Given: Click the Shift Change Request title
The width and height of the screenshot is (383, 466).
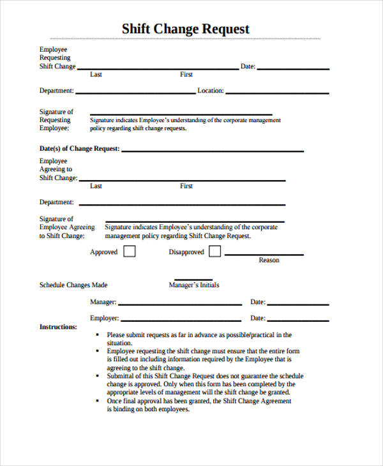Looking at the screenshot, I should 185,29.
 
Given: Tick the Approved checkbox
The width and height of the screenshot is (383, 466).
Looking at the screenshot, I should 129,252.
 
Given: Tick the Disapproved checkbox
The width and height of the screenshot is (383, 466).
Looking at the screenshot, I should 215,252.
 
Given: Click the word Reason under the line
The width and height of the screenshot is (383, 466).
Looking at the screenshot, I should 269,260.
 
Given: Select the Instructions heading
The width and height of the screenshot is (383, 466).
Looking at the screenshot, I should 58,327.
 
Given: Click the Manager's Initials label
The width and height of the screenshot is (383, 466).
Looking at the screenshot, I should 193,285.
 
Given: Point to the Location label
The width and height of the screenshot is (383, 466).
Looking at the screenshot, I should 210,91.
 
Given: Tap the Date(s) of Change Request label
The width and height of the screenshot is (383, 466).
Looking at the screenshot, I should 79,149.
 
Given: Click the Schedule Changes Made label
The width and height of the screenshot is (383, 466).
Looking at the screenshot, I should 73,285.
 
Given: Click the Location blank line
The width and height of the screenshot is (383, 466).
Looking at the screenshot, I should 277,93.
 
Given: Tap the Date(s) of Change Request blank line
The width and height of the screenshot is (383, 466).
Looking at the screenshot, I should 212,151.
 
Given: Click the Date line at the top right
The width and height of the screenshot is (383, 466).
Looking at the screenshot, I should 294,68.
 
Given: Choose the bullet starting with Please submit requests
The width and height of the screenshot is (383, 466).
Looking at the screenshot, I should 199,334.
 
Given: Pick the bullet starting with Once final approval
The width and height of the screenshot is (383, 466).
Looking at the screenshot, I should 199,402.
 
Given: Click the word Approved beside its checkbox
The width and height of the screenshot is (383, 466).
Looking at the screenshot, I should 103,252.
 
